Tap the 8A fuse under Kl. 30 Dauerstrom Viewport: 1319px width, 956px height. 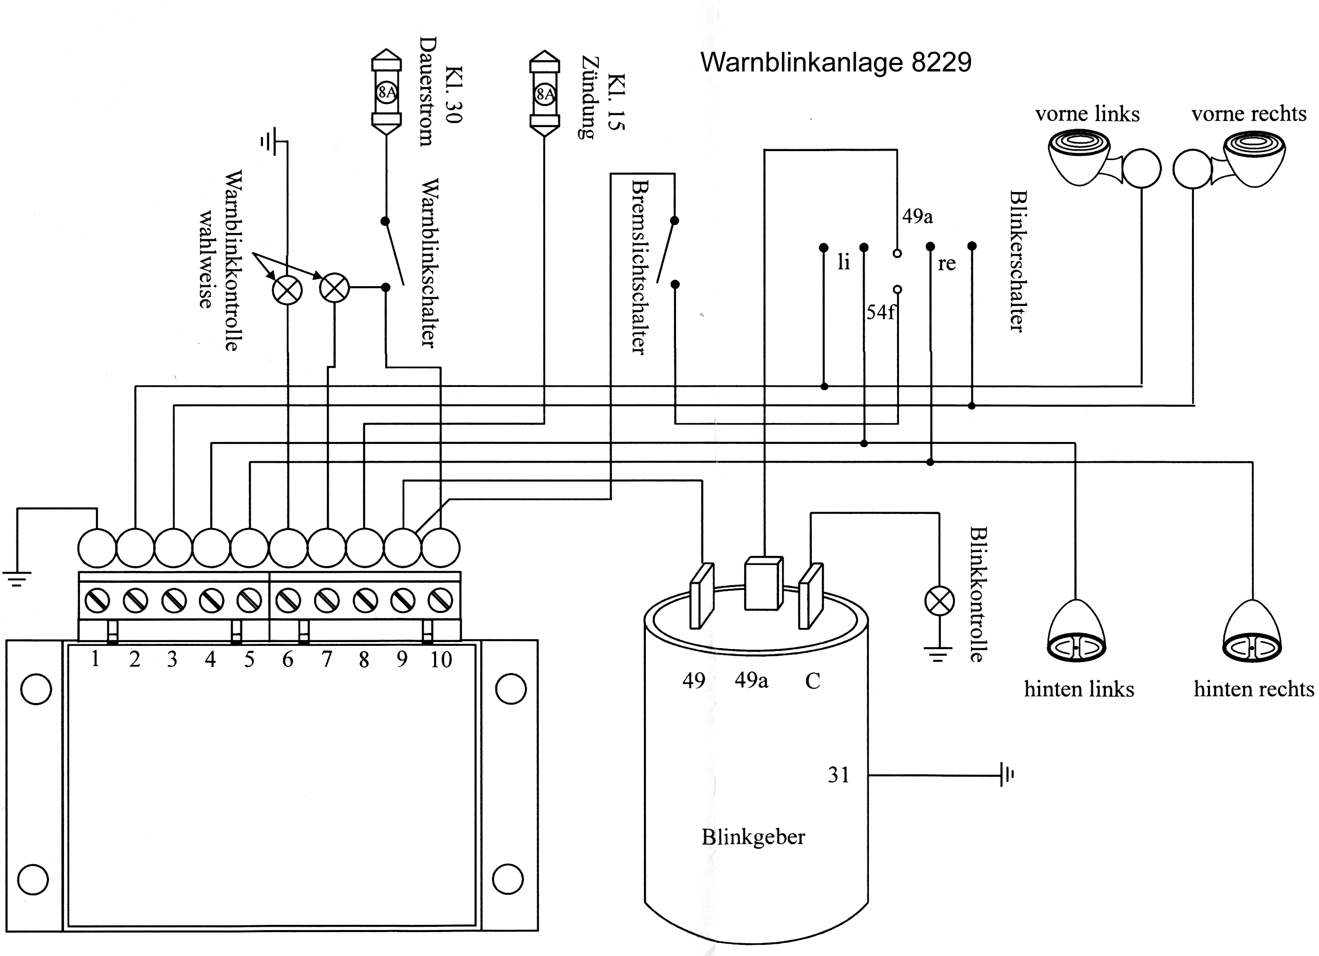pos(386,92)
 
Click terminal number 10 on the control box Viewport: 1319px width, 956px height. pos(441,659)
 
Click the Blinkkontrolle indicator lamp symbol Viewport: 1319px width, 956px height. pos(938,601)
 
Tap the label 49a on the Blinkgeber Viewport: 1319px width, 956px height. pos(751,680)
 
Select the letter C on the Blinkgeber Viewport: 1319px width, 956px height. pos(812,680)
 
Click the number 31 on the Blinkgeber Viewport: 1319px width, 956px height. pos(838,774)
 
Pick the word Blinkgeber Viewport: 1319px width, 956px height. pos(753,837)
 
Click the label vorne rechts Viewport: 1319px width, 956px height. pos(1248,113)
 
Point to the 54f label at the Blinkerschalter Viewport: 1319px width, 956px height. pos(881,313)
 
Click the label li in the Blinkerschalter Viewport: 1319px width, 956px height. pos(843,263)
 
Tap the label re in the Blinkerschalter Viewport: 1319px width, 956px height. pos(946,264)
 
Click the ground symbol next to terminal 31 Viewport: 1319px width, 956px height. pos(1006,774)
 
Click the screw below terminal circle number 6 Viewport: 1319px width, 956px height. pos(288,600)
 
